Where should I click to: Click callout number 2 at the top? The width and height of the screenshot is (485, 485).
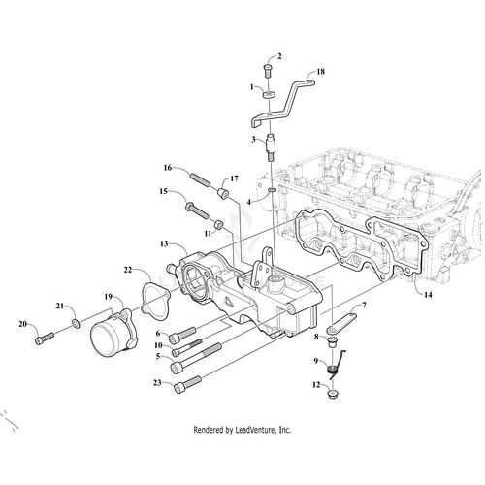point(279,56)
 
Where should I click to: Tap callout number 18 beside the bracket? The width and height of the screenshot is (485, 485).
point(321,73)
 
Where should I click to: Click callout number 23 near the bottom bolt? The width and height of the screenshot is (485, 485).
point(157,383)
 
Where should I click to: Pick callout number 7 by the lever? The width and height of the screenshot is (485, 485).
point(364,306)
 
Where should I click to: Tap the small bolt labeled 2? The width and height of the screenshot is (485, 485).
point(267,69)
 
